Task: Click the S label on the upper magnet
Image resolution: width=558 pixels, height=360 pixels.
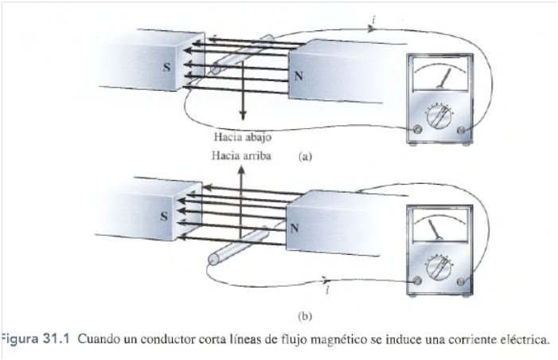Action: (166, 67)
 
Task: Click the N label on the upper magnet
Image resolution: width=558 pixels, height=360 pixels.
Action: (299, 76)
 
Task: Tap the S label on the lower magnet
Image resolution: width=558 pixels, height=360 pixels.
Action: (164, 216)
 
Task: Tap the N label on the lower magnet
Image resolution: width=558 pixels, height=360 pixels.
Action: (295, 229)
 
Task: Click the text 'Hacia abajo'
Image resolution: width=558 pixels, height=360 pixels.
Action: (243, 137)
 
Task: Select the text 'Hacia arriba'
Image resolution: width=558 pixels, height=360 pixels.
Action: (242, 155)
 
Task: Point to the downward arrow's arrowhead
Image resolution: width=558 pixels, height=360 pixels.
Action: (243, 115)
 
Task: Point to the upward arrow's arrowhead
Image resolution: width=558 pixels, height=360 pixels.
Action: (241, 171)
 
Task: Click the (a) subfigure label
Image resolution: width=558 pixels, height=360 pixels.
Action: (306, 156)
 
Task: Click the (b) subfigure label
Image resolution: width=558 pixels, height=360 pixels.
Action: (306, 316)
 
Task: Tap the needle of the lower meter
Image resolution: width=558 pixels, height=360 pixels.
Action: (435, 229)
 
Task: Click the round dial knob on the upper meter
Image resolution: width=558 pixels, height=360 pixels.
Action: (439, 117)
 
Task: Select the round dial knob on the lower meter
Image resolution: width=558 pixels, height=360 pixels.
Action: (439, 268)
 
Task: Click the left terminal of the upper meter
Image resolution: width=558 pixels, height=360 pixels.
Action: (417, 129)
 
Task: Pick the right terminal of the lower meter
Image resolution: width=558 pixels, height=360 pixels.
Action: (462, 281)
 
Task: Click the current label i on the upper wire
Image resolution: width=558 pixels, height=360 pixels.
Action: (373, 20)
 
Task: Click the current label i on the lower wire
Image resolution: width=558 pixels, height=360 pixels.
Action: (327, 290)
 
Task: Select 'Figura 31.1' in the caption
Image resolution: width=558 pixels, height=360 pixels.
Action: (35, 339)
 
